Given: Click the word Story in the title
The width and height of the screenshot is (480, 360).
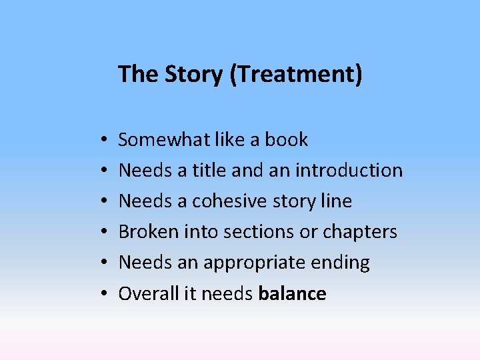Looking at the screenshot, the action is coord(193,74).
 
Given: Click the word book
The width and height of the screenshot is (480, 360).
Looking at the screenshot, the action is coord(287,139).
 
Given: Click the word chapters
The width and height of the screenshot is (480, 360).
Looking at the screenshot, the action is coord(359,231).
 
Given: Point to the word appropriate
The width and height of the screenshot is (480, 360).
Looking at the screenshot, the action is coord(256,262).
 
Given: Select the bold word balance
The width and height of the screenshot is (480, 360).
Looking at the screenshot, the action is coord(292,293).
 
